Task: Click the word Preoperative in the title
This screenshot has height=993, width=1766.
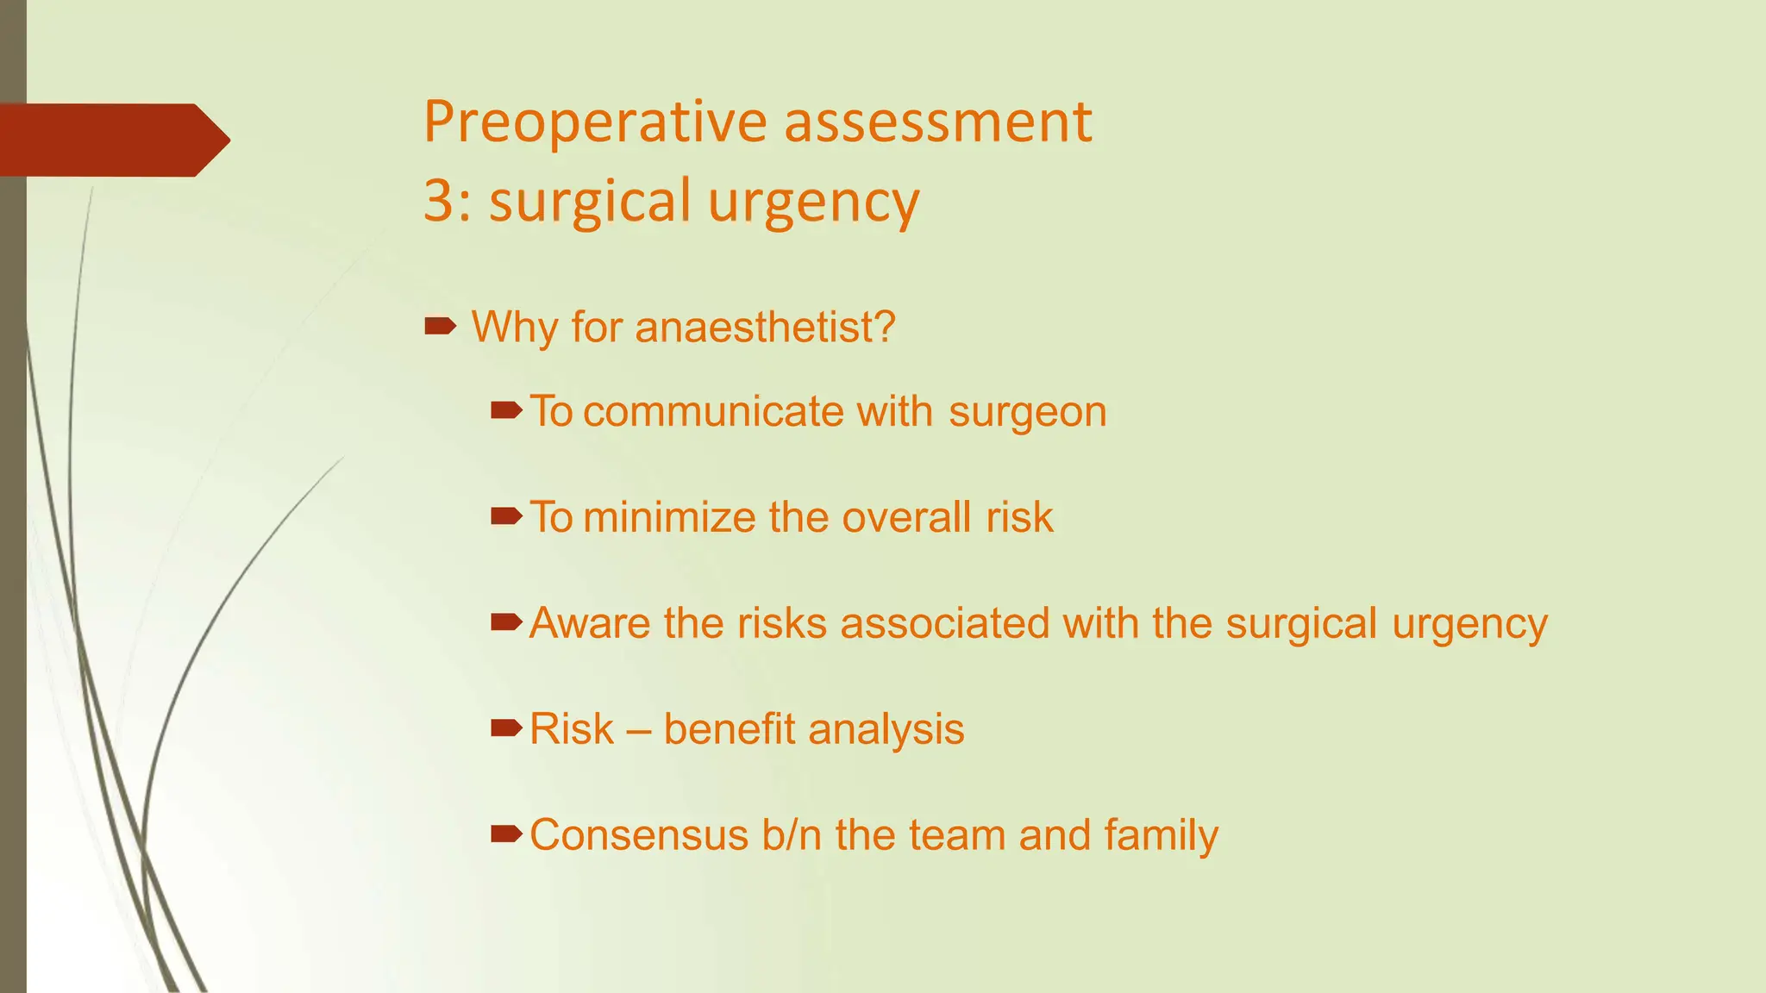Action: tap(595, 122)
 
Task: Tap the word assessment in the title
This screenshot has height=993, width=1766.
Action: tap(937, 122)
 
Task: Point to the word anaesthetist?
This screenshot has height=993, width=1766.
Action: tap(765, 328)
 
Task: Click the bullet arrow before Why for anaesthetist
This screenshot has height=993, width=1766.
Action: tap(441, 325)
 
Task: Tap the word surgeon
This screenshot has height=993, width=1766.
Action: tap(1027, 412)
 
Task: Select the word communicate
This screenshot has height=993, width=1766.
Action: tap(714, 411)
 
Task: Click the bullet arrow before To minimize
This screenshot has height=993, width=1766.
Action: tap(506, 515)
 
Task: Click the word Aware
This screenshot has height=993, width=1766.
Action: tap(590, 622)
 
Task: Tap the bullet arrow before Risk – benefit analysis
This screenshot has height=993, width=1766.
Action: tap(506, 728)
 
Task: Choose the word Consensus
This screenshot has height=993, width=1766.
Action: tap(638, 834)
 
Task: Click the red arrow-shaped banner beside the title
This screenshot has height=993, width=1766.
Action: tap(112, 140)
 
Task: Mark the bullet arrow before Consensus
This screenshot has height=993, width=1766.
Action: tap(506, 834)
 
